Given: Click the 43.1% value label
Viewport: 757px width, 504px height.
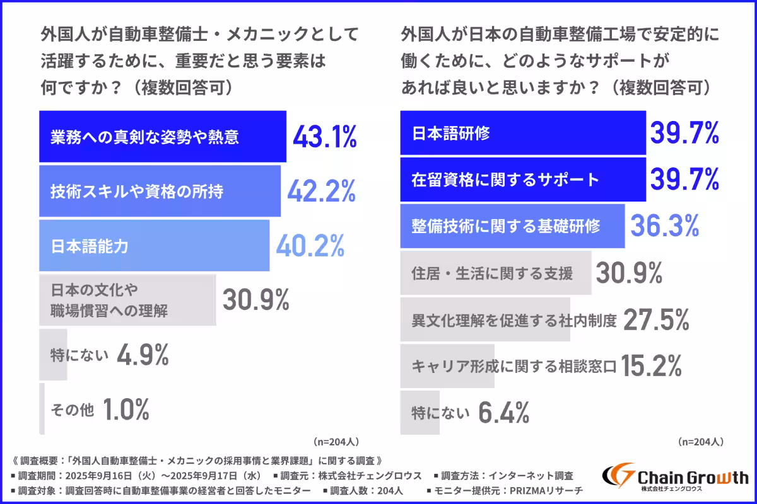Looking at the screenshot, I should coord(324,137).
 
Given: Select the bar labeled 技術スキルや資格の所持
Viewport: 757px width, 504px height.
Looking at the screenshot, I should coord(160,192).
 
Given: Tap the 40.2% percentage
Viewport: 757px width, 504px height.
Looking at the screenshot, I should coord(310,246).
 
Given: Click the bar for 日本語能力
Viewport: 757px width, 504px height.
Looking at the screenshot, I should coord(154,246).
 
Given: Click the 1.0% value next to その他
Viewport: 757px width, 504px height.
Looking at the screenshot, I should coord(126,411).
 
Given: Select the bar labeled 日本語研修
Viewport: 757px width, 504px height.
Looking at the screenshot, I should coord(523,133).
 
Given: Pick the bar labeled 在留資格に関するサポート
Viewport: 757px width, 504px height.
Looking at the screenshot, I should coord(523,180).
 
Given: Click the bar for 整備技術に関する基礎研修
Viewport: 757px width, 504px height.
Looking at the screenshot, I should coord(512,226).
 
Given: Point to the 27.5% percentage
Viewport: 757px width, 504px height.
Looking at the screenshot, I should coord(655,320).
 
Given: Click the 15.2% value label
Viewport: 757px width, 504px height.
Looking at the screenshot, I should coord(652,365).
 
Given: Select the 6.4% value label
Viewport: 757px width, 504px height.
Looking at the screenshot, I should coord(503,413).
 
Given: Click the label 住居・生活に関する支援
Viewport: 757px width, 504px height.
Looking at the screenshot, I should coord(492,273).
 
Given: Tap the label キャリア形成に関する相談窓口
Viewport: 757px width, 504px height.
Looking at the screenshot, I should coord(513,366).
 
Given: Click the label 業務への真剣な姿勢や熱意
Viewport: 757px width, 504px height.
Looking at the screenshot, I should coord(145,137).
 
